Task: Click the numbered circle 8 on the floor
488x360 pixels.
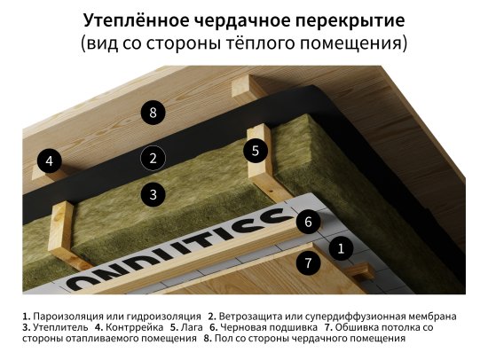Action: (x=153, y=113)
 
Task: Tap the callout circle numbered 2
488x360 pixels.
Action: (x=153, y=159)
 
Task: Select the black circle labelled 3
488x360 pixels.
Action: (x=153, y=193)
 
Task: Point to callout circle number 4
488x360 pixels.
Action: (x=50, y=161)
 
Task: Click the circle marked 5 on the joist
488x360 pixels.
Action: (x=256, y=150)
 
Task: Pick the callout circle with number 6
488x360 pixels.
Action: (x=307, y=222)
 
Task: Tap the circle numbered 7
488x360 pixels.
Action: (x=307, y=262)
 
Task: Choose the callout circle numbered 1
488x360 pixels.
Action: (x=340, y=249)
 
